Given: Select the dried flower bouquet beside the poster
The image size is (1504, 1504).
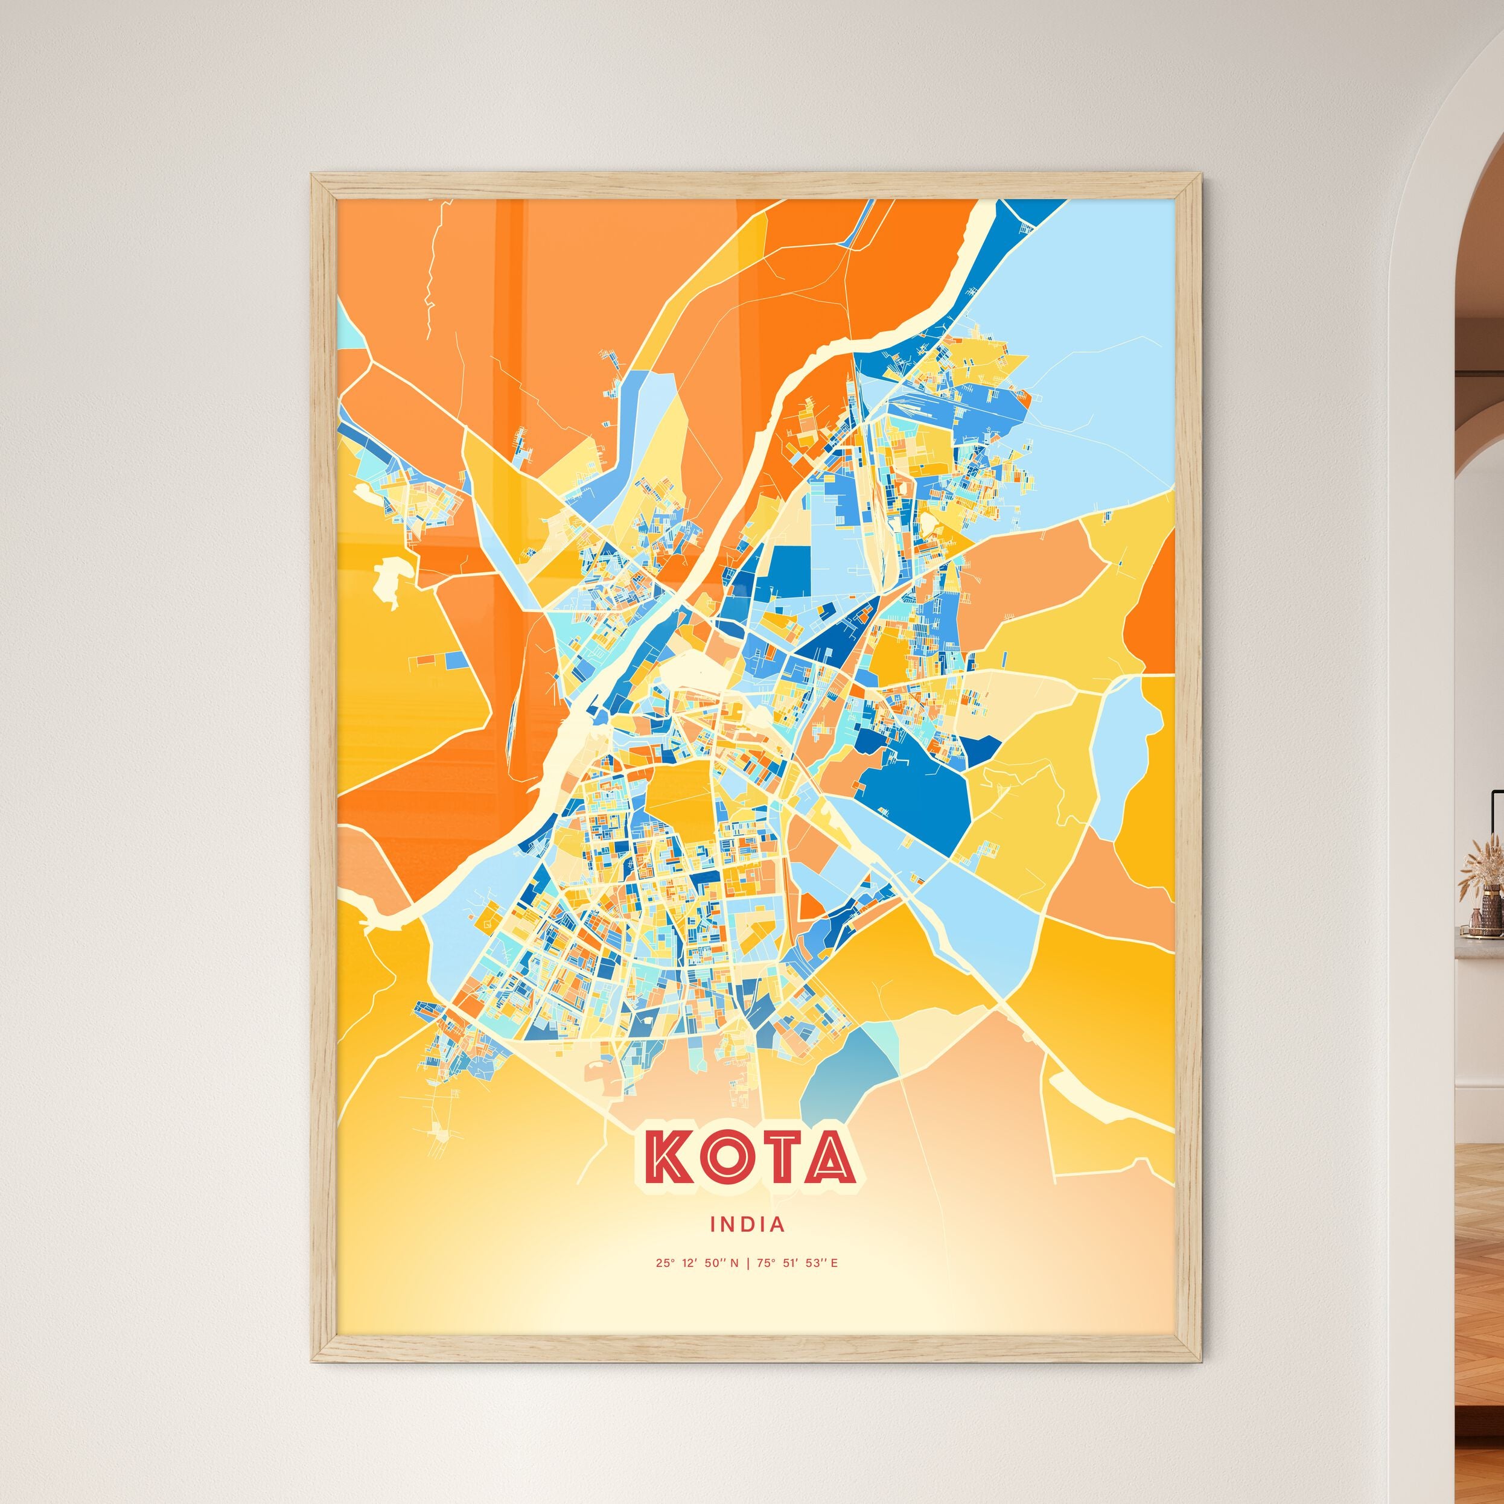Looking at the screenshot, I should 1482,856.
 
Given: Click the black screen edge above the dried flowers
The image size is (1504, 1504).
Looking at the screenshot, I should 1494,814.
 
